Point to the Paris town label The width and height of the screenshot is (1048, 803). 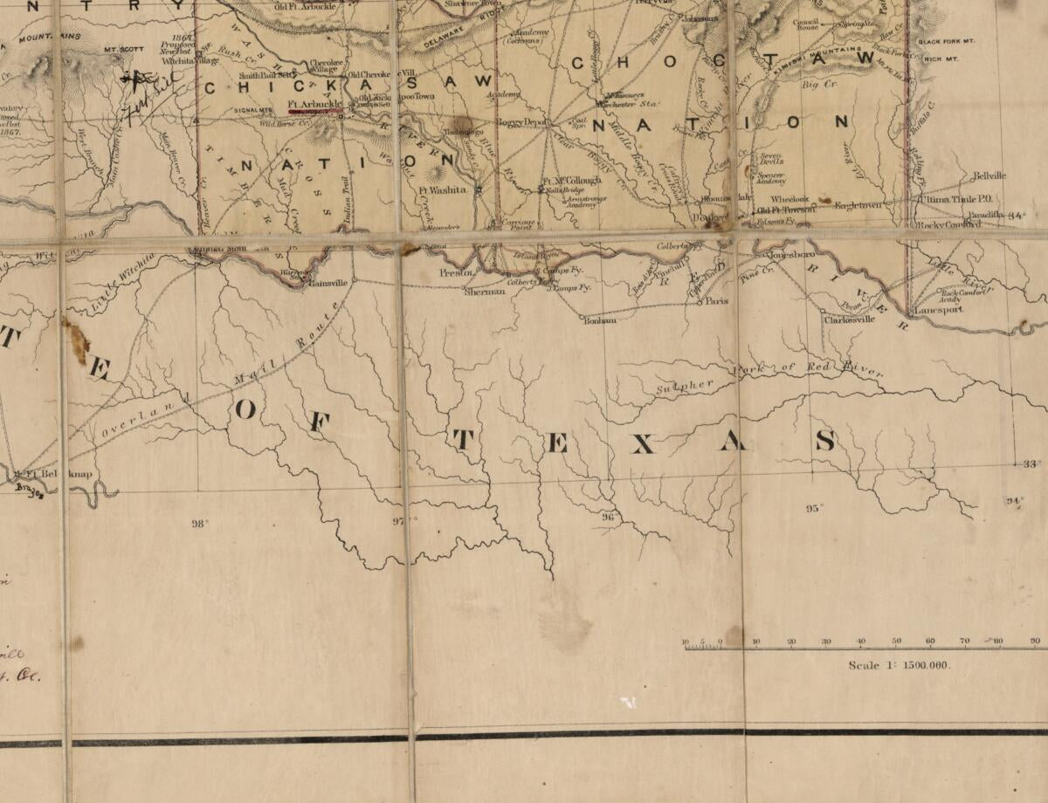[x=717, y=300]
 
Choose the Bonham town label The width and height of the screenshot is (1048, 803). [x=600, y=320]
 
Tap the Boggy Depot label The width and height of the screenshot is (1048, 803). [x=521, y=123]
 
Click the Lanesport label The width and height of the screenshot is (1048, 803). [x=938, y=310]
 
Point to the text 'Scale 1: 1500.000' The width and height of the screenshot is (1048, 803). [x=899, y=665]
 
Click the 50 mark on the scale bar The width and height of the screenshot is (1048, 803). [x=895, y=642]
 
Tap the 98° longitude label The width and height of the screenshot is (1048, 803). [x=201, y=524]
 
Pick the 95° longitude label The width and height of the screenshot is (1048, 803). [x=814, y=508]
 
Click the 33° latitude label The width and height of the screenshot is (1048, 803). [x=1031, y=464]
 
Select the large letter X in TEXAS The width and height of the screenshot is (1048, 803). [x=642, y=444]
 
